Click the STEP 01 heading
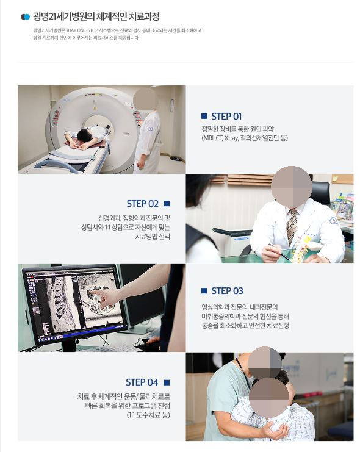tap(226, 117)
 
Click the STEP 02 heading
tap(143, 204)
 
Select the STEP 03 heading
tap(228, 291)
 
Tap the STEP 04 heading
tap(142, 382)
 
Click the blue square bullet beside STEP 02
tap(167, 204)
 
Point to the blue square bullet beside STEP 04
tap(167, 382)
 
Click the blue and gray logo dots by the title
tap(25, 16)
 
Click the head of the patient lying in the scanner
tap(85, 135)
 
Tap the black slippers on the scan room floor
tap(176, 158)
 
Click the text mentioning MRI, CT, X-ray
tap(245, 138)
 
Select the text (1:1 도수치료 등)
tap(148, 415)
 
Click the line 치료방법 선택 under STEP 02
tap(153, 237)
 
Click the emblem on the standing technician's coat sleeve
tap(151, 129)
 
